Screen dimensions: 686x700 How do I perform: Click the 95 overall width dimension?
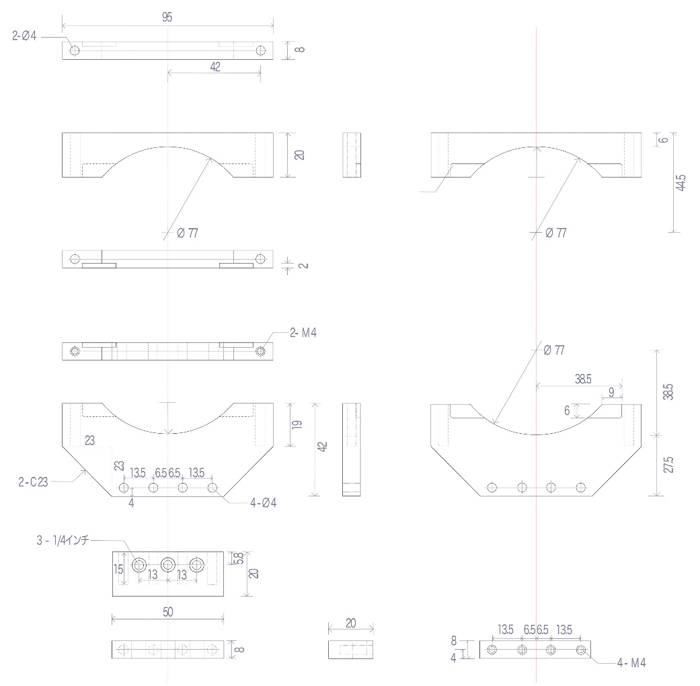(x=167, y=18)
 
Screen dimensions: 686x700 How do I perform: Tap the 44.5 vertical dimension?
(x=682, y=182)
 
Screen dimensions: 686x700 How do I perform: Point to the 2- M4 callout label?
(x=303, y=333)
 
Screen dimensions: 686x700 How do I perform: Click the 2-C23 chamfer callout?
(x=33, y=482)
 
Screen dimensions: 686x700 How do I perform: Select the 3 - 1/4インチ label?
(x=63, y=540)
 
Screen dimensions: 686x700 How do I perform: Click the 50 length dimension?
(x=167, y=613)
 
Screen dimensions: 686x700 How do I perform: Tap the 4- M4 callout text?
(x=631, y=662)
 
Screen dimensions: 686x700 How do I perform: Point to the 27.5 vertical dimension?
(x=668, y=465)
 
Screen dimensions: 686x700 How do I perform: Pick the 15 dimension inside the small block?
(x=118, y=569)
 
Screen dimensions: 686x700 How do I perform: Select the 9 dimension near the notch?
(x=611, y=391)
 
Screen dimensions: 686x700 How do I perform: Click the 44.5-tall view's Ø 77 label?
(x=555, y=233)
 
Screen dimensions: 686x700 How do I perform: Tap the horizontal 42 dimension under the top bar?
(x=214, y=67)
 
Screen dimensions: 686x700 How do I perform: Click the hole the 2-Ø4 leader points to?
(x=74, y=50)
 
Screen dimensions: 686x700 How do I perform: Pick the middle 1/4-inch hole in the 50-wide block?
(x=167, y=564)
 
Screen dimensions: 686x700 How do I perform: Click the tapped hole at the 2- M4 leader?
(x=260, y=351)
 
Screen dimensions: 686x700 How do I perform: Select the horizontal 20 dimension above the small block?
(x=350, y=623)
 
